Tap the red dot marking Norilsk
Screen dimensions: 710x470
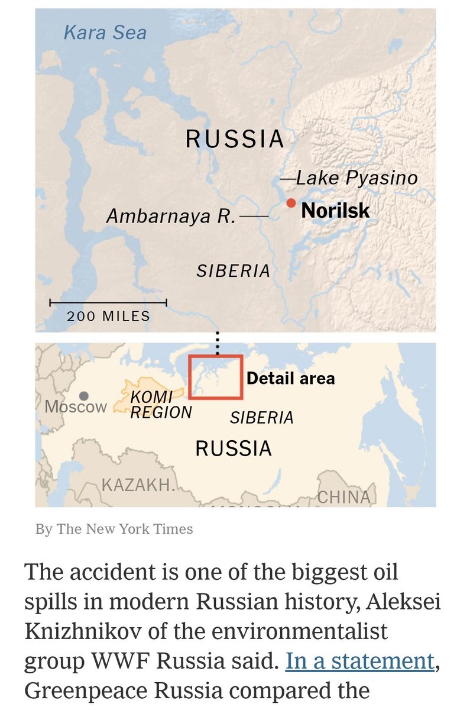(290, 203)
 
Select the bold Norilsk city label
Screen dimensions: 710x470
(335, 210)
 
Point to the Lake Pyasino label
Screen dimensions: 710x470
(356, 177)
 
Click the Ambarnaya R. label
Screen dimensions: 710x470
(171, 217)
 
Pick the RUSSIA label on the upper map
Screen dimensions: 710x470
(235, 139)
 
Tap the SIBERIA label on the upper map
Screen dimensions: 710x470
(233, 271)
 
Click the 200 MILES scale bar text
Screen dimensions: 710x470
(109, 316)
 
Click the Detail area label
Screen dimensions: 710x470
(290, 378)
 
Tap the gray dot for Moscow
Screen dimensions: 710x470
(85, 395)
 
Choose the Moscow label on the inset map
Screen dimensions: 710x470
(76, 407)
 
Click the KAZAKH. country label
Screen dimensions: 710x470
(139, 486)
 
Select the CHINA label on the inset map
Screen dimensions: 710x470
(343, 497)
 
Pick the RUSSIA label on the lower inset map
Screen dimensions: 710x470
(234, 448)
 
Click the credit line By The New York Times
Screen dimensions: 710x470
(114, 528)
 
